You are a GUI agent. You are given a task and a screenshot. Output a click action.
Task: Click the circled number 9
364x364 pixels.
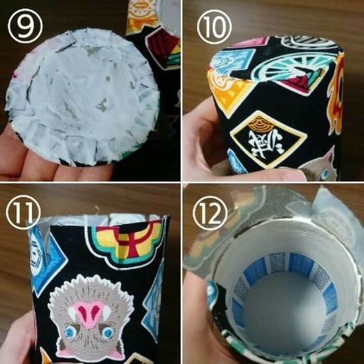pyautogui.click(x=24, y=23)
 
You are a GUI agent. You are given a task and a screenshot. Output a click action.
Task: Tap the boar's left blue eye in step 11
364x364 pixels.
pyautogui.click(x=69, y=332)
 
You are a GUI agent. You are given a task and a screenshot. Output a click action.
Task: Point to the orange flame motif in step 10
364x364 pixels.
pyautogui.click(x=336, y=88)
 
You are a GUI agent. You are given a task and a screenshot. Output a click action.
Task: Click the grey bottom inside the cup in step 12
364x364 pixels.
pyautogui.click(x=276, y=312)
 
